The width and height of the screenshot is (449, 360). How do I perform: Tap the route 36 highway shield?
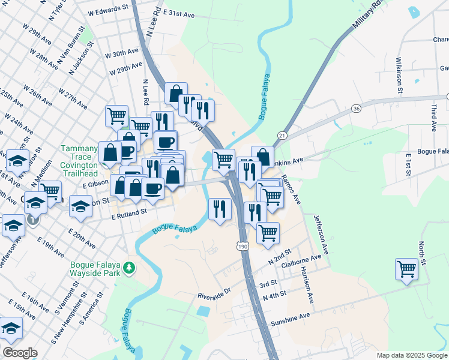coord(356,108)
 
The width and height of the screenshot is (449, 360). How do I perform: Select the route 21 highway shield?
coord(282,136)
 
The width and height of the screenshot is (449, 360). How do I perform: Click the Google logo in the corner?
coord(20,353)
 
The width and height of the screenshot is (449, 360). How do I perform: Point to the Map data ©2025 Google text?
coord(411,355)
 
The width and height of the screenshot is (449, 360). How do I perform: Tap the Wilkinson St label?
coord(399,76)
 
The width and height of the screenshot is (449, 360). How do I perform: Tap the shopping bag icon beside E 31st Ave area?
coord(176,94)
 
